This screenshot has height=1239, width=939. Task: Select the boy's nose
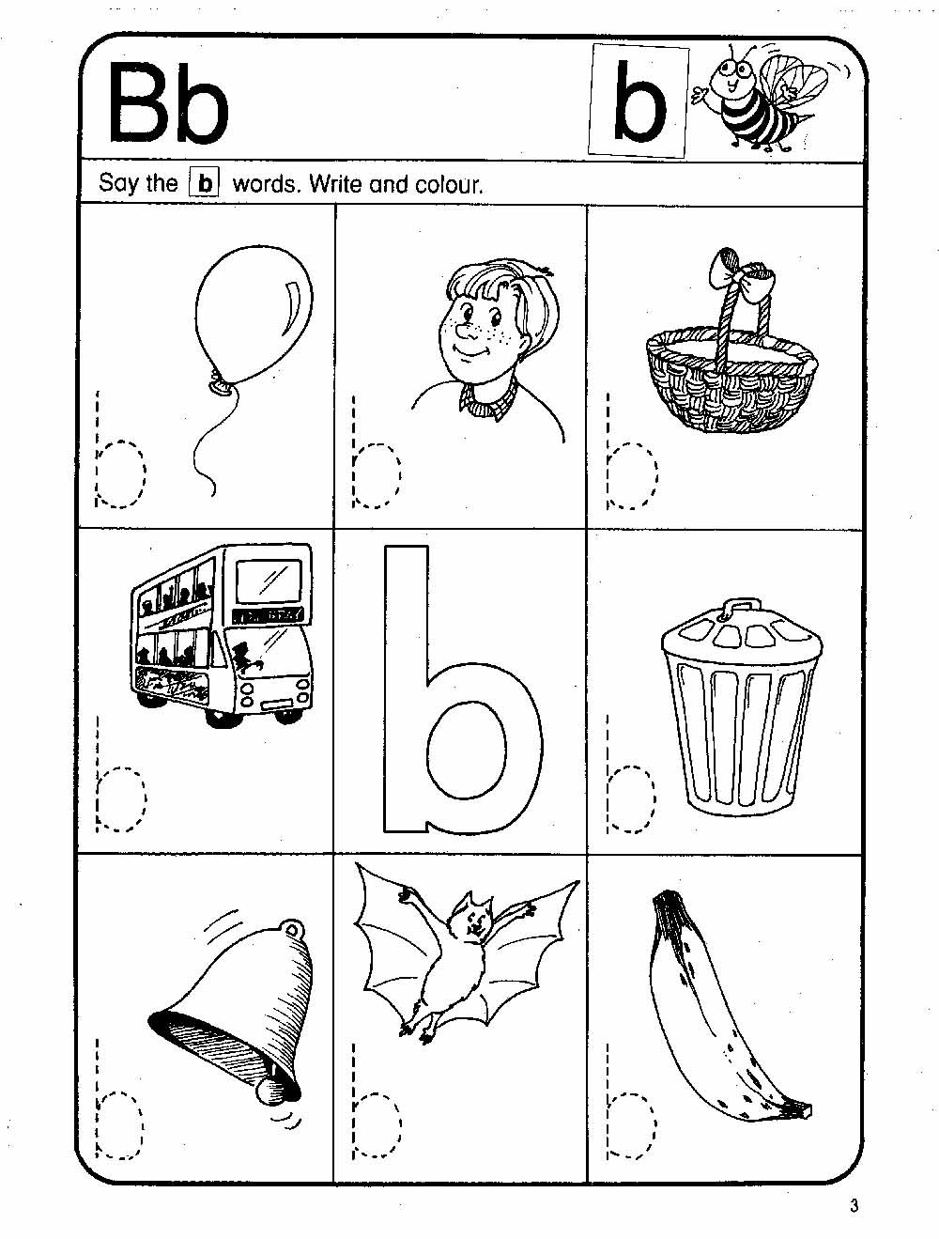pyautogui.click(x=466, y=333)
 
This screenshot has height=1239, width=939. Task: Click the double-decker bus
pyautogui.click(x=222, y=634)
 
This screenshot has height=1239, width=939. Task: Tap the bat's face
pyautogui.click(x=473, y=922)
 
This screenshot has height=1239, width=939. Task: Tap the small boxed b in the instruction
pyautogui.click(x=204, y=183)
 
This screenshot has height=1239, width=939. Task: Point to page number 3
pyautogui.click(x=854, y=1205)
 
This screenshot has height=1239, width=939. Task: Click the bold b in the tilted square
pyautogui.click(x=639, y=101)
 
